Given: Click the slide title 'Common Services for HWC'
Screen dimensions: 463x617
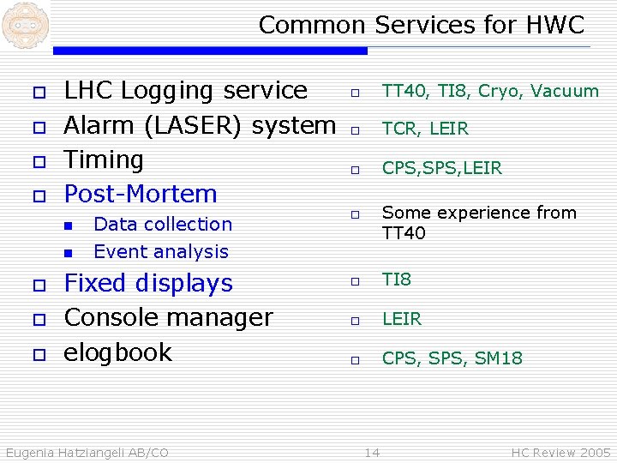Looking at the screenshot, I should coord(421,25).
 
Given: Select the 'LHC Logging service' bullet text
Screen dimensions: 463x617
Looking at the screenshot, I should coord(185,90).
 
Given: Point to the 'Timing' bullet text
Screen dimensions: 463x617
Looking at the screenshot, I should coord(104,159).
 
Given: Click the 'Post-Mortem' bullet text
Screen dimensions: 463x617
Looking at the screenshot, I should coord(141,194).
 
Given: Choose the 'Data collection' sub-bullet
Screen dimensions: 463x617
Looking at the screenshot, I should coord(162,224).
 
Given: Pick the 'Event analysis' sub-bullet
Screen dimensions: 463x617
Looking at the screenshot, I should coord(160,251).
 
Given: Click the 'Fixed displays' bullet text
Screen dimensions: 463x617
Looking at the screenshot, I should coord(148,283).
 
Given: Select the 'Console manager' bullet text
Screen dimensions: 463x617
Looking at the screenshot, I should coord(168,317).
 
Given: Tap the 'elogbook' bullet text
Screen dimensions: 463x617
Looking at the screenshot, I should coord(118,352).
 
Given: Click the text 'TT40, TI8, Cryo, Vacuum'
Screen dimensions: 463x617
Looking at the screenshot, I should coord(489,91).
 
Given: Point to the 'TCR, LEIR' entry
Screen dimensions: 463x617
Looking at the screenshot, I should coord(425,129).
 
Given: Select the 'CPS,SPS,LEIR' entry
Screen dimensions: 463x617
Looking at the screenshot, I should coord(441,168).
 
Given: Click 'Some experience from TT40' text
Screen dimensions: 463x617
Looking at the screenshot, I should coord(478,222).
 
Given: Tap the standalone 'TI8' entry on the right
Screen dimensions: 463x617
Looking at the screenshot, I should coord(396,280).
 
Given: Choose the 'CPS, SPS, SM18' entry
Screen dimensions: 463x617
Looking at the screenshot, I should coord(452,358).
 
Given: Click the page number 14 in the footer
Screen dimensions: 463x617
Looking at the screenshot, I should coord(372,452).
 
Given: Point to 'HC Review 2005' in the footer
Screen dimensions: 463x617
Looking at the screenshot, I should coord(560,452).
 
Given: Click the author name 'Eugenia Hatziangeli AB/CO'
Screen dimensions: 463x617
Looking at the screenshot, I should coord(87,452).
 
